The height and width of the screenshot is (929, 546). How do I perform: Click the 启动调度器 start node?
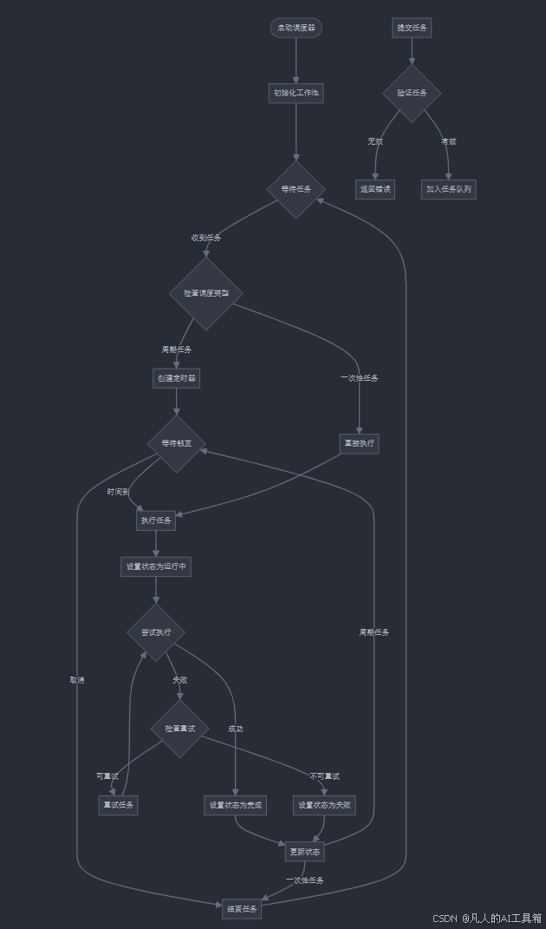click(296, 28)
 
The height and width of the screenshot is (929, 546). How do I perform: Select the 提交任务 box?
click(412, 28)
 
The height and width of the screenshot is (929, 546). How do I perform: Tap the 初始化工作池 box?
click(296, 93)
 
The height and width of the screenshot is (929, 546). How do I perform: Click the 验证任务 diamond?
click(412, 93)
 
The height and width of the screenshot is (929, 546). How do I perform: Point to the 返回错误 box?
click(375, 188)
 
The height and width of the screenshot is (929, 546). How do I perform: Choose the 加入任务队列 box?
click(449, 188)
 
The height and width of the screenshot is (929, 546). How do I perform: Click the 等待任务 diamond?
click(296, 189)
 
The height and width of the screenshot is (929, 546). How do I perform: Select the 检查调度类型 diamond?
click(206, 293)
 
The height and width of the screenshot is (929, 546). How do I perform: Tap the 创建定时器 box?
click(176, 378)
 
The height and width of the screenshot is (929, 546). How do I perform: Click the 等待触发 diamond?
click(176, 443)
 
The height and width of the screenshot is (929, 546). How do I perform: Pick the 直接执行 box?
click(359, 443)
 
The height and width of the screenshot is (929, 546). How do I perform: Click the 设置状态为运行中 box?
click(156, 567)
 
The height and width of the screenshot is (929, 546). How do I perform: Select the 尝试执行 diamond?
click(156, 632)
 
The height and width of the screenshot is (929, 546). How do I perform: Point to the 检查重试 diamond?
click(180, 729)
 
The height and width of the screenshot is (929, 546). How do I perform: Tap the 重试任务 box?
click(118, 805)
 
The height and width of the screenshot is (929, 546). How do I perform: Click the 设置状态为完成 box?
click(235, 805)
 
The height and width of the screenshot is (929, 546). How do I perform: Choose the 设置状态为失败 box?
click(324, 805)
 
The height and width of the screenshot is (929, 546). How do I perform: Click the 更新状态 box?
click(304, 852)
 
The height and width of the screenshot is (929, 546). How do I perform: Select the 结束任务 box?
click(242, 908)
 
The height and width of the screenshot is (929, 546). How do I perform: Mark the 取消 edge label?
click(77, 680)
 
